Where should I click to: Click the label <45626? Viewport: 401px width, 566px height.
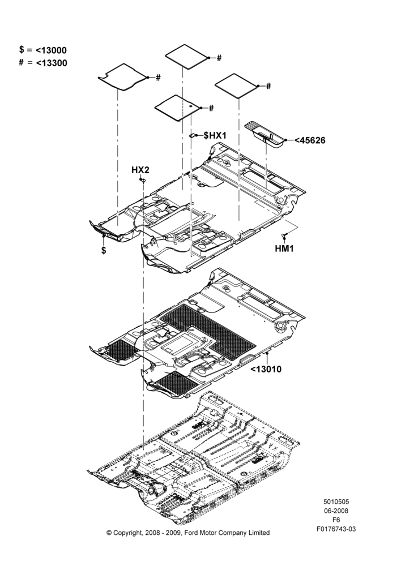(310, 140)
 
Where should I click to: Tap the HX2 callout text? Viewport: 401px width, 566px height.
(140, 170)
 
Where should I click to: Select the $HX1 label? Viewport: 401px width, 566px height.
(215, 135)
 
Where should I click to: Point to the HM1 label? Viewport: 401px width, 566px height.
(284, 248)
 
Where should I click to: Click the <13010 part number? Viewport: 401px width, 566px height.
(266, 369)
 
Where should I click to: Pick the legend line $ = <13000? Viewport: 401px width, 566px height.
(43, 50)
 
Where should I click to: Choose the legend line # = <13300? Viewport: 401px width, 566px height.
(43, 63)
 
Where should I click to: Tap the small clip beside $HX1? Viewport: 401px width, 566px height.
(193, 135)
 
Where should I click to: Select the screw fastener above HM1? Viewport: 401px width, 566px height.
(284, 236)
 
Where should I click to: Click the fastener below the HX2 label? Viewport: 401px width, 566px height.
(143, 180)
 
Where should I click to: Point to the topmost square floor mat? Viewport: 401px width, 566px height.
(187, 56)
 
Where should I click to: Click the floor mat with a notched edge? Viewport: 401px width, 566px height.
(123, 77)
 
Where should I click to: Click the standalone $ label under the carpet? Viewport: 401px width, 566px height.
(104, 250)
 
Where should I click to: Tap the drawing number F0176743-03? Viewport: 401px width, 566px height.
(336, 529)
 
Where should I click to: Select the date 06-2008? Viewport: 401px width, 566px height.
(336, 511)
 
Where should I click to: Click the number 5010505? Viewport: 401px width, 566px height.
(336, 501)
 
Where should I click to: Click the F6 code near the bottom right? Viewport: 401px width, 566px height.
(336, 520)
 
